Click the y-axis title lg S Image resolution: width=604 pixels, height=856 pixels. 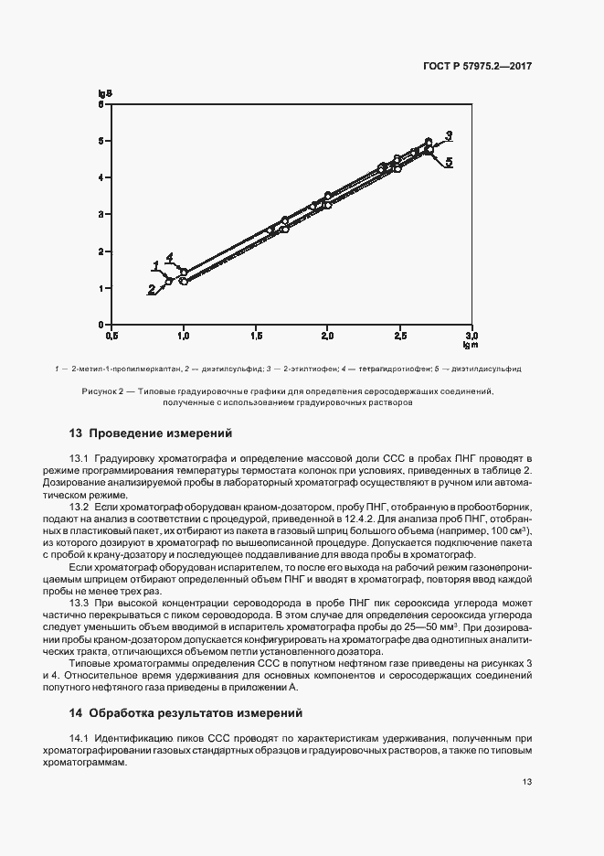105,92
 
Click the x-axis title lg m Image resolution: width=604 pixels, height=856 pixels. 471,346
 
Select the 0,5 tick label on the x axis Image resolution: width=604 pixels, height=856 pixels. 111,336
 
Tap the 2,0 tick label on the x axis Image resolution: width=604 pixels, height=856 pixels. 327,336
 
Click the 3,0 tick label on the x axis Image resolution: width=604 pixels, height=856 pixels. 472,336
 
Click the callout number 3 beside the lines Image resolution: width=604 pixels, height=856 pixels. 449,135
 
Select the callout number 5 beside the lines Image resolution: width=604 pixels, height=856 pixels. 450,162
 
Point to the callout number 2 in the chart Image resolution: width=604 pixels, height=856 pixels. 151,288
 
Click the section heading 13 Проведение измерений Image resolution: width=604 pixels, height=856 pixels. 151,433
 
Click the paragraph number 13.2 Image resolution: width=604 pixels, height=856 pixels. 79,506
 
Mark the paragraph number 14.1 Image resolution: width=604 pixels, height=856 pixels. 79,737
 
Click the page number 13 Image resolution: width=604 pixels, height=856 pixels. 527,782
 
